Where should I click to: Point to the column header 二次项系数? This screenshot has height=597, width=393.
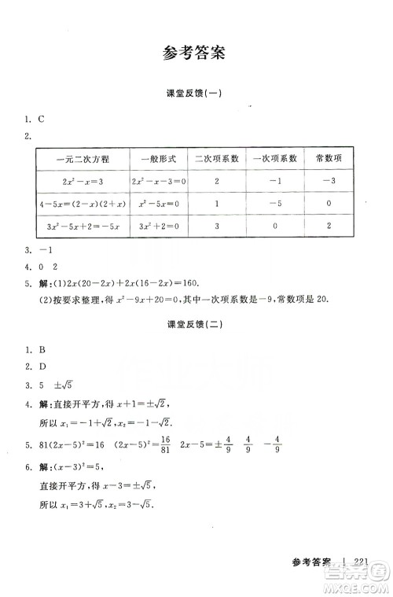pyautogui.click(x=217, y=158)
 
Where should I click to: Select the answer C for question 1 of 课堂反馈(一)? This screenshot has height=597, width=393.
pyautogui.click(x=39, y=120)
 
